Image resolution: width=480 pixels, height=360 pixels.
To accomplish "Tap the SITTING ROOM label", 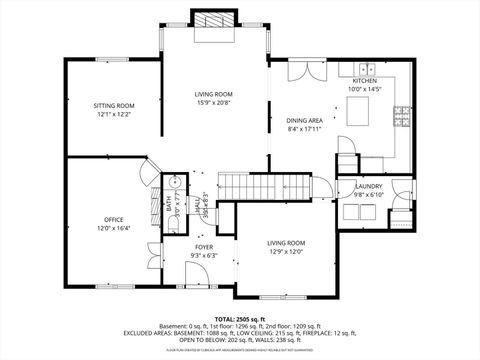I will (x=114, y=105).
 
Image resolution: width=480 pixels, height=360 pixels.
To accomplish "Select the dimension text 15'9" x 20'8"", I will (x=214, y=102).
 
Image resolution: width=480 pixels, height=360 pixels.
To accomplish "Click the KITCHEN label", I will (x=363, y=81).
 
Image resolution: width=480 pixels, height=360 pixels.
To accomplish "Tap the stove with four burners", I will (x=404, y=113).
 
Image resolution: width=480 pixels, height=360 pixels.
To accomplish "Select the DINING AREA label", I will (x=304, y=119).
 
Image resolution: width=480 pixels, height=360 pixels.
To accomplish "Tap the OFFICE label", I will (x=114, y=219).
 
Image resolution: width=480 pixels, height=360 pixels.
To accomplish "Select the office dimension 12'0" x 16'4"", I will (x=114, y=228).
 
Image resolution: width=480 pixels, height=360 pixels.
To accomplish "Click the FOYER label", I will (x=203, y=247).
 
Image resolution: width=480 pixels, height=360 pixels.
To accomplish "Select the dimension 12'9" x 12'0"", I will (x=285, y=251).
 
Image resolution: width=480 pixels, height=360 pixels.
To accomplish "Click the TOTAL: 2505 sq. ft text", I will (x=239, y=317).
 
